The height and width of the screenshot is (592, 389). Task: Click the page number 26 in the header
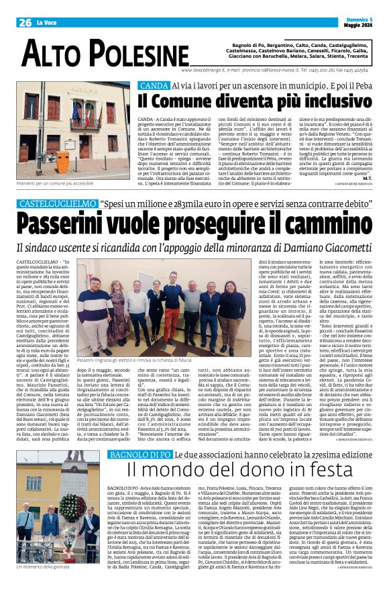(x=25, y=22)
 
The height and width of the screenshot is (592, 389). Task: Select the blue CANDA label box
(x=153, y=86)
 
